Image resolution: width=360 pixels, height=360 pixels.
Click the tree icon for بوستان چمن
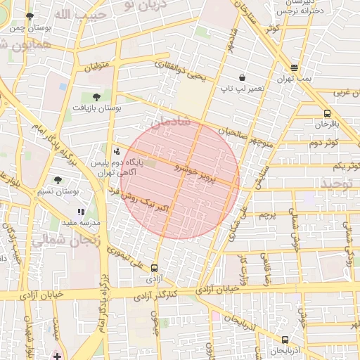(x=30, y=16)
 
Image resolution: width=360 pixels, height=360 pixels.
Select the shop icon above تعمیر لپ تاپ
(x=242, y=77)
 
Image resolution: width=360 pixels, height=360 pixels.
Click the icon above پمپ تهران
(x=294, y=68)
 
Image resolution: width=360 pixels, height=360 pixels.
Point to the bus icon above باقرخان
(x=327, y=113)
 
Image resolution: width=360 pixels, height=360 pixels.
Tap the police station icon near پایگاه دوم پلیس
(x=116, y=150)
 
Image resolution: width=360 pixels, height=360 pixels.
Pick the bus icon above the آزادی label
(x=154, y=266)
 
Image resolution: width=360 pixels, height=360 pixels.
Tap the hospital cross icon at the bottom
(x=56, y=356)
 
